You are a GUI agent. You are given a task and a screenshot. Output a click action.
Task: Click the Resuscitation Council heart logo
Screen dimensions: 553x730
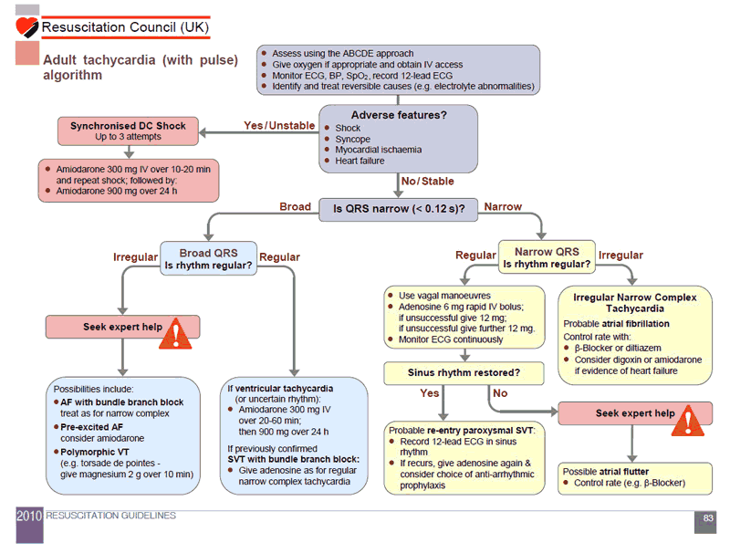tap(27, 26)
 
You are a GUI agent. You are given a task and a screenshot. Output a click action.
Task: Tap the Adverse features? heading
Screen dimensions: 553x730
tap(399, 115)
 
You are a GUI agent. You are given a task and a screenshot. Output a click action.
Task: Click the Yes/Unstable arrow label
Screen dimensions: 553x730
tap(279, 125)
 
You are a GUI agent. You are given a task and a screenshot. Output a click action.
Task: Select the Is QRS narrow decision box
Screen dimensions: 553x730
tap(399, 209)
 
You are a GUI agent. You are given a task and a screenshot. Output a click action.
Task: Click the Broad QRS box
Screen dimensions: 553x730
tap(208, 258)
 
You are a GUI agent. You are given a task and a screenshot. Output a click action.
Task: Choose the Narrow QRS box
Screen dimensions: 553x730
tap(547, 257)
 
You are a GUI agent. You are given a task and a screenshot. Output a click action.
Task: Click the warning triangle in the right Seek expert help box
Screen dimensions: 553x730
tap(693, 422)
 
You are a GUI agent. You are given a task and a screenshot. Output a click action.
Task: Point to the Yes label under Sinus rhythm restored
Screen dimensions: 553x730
tap(429, 393)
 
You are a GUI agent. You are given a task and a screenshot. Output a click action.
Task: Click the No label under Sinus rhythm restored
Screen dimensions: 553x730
tap(500, 393)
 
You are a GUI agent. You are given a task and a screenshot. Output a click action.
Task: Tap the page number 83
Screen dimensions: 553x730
tap(708, 518)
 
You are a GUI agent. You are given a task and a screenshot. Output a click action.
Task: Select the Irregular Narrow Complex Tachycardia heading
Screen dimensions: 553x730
tap(635, 303)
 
